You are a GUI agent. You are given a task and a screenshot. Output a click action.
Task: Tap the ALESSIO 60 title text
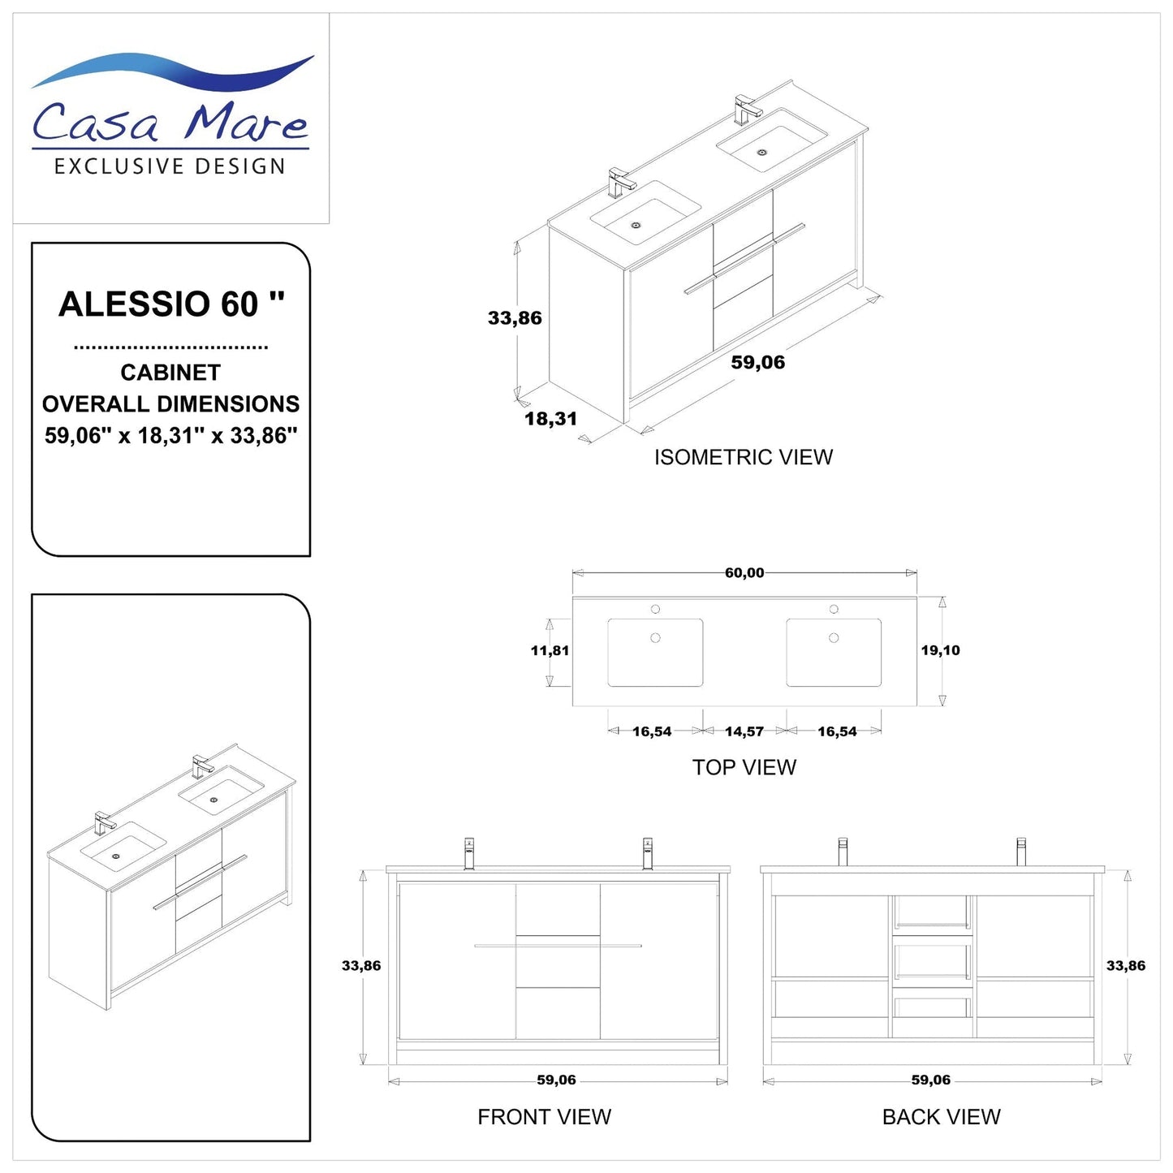[171, 304]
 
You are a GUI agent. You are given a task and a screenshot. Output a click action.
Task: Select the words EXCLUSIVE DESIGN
[170, 166]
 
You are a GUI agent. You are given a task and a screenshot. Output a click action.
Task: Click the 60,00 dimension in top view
[744, 573]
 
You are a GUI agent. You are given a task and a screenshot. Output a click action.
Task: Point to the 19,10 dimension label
[940, 650]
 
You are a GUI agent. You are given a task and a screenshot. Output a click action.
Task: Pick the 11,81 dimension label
[550, 650]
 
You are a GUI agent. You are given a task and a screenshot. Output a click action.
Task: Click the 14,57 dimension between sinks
[744, 731]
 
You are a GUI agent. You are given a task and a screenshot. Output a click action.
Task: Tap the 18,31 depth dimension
[550, 419]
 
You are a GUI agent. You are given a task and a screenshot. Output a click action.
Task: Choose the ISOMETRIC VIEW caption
[744, 457]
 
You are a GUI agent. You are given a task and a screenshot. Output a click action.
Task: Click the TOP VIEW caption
[744, 767]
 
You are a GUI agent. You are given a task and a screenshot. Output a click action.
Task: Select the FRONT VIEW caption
[544, 1117]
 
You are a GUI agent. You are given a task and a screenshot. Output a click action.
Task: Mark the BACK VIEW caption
[941, 1117]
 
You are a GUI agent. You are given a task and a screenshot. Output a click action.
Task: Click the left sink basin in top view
[655, 653]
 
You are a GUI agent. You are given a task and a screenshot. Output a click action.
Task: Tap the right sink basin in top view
[834, 653]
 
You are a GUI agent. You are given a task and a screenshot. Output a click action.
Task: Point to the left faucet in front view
[469, 853]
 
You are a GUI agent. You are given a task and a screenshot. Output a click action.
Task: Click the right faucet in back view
[1021, 852]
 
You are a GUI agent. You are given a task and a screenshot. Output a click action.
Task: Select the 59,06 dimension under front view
[556, 1080]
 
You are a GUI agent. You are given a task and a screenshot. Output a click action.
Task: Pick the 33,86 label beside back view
[1126, 966]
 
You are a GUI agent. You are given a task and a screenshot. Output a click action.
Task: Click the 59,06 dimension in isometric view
[757, 363]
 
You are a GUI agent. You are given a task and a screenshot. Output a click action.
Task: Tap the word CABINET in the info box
[170, 373]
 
